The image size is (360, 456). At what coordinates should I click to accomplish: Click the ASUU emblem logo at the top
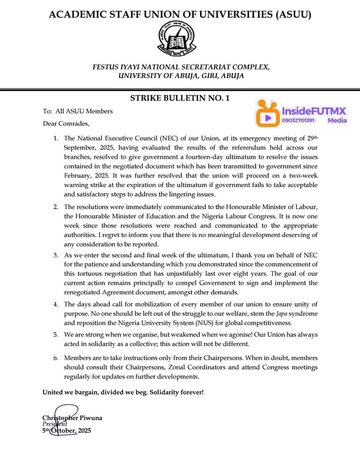tap(177, 39)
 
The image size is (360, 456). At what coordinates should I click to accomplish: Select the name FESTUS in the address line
tap(108, 67)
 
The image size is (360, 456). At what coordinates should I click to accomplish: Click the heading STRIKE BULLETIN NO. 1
tap(180, 98)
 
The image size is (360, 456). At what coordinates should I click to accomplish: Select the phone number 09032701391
tap(299, 121)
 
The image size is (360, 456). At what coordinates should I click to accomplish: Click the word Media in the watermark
tap(337, 121)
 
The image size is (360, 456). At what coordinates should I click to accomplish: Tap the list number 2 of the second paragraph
tap(56, 207)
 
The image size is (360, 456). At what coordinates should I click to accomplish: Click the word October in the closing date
tap(63, 431)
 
